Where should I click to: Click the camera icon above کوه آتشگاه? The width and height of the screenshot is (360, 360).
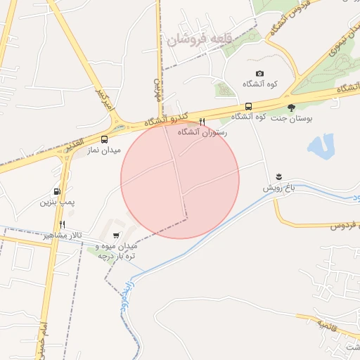pyautogui.click(x=259, y=74)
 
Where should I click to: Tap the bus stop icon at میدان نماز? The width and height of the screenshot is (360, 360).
pyautogui.click(x=105, y=139)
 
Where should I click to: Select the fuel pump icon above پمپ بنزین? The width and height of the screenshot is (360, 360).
pyautogui.click(x=56, y=191)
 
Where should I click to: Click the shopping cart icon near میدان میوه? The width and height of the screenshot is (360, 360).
pyautogui.click(x=115, y=236)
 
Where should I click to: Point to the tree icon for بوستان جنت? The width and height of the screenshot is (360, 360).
pyautogui.click(x=291, y=107)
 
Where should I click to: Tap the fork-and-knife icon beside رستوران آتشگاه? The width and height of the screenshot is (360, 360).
pyautogui.click(x=202, y=122)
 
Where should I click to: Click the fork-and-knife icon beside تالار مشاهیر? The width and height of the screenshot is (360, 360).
pyautogui.click(x=63, y=224)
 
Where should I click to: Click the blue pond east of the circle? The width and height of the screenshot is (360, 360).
pyautogui.click(x=320, y=146)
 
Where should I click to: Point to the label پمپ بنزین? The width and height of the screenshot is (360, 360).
pyautogui.click(x=57, y=202)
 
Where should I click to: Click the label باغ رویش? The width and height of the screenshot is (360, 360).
pyautogui.click(x=277, y=188)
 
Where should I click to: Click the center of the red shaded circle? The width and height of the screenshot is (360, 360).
pyautogui.click(x=180, y=179)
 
